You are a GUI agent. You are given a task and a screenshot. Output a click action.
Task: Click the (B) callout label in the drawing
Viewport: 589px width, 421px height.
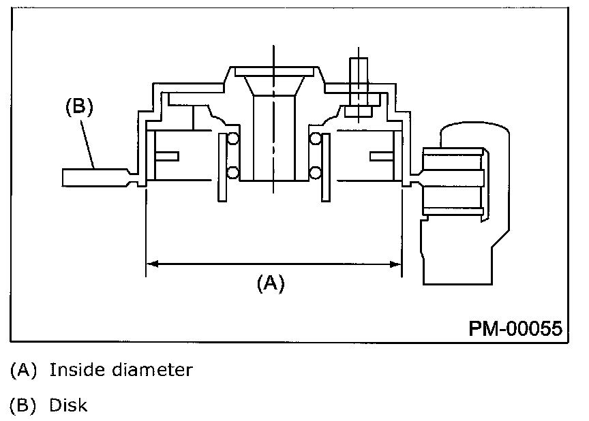78,108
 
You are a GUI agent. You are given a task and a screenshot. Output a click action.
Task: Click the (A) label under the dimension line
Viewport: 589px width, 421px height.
270,282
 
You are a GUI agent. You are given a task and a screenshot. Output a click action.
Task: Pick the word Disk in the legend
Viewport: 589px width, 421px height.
68,405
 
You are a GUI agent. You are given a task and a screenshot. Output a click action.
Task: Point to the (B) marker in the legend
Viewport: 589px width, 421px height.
24,405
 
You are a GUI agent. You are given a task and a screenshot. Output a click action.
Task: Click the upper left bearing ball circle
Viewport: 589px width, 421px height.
233,140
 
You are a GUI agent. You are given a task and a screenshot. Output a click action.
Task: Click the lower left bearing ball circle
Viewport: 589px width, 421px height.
233,171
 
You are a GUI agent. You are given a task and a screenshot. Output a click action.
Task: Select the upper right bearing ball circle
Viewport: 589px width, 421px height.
315,140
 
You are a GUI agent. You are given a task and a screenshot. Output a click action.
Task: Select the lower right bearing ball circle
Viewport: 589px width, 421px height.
315,171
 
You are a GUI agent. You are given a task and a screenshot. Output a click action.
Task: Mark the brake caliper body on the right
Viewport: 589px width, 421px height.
470,204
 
